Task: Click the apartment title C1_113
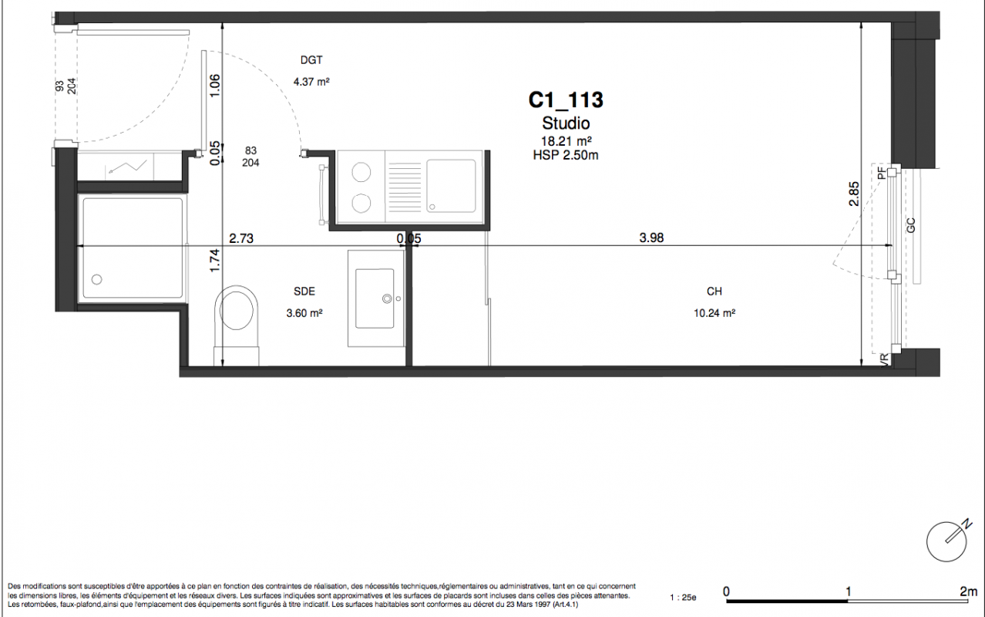566,100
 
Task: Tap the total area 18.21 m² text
566,141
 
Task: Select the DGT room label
311,60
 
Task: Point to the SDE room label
304,292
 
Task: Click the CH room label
714,292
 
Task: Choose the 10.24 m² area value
714,313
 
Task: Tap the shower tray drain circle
97,279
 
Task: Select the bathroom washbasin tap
387,298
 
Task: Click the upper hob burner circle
361,172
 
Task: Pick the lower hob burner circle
361,204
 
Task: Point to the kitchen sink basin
451,186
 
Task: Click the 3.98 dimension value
651,238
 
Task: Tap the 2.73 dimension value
241,238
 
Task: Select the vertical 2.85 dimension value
853,194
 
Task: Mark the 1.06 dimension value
214,86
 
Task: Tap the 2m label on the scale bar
968,592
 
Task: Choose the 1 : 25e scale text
683,598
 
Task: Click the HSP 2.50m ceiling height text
566,155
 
